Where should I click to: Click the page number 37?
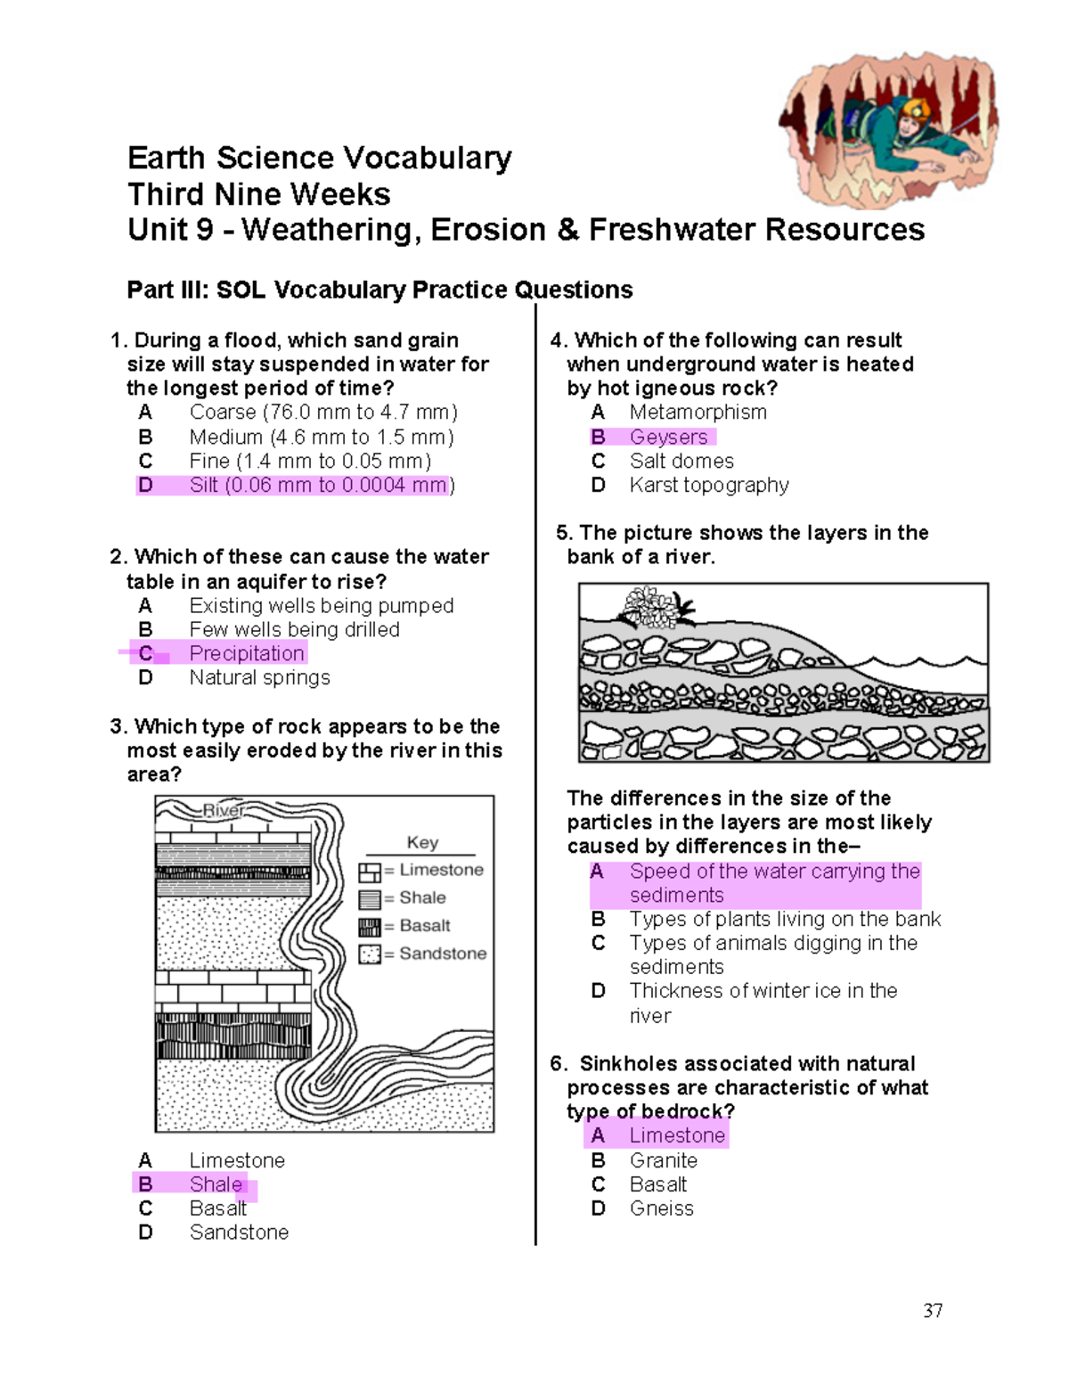(933, 1310)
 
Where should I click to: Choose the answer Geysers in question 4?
(668, 437)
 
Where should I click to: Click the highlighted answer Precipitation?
(247, 653)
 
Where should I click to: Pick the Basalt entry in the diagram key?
(425, 925)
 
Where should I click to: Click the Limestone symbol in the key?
(370, 872)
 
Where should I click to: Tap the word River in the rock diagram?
(223, 810)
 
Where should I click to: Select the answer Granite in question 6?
(663, 1160)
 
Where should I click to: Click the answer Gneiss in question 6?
(661, 1208)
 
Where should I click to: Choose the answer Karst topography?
(708, 485)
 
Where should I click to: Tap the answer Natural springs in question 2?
(259, 677)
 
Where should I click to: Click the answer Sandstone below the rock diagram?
(239, 1232)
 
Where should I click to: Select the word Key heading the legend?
(422, 842)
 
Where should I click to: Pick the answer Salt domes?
(681, 461)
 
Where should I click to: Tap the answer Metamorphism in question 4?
(698, 412)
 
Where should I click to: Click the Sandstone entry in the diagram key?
(443, 954)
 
